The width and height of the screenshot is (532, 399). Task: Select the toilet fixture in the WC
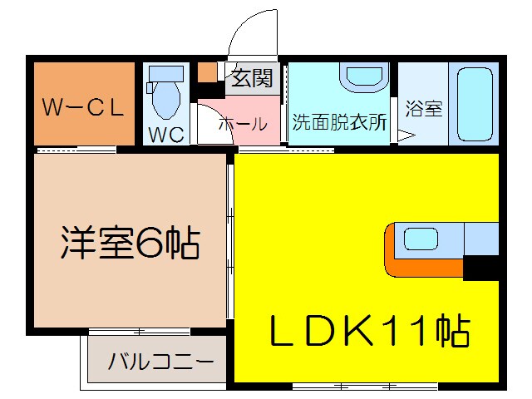(x=165, y=92)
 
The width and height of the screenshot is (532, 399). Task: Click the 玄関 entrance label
(x=251, y=79)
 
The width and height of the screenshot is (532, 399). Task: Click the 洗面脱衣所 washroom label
(x=339, y=122)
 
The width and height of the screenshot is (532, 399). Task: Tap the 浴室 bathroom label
(x=423, y=109)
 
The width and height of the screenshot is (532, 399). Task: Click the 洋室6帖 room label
(x=129, y=242)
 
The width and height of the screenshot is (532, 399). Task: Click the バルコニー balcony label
(x=160, y=362)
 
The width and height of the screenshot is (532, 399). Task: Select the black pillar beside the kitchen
(x=481, y=267)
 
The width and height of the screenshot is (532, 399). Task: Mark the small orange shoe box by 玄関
(x=206, y=71)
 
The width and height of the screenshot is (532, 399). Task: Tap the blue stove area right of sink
(x=480, y=239)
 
